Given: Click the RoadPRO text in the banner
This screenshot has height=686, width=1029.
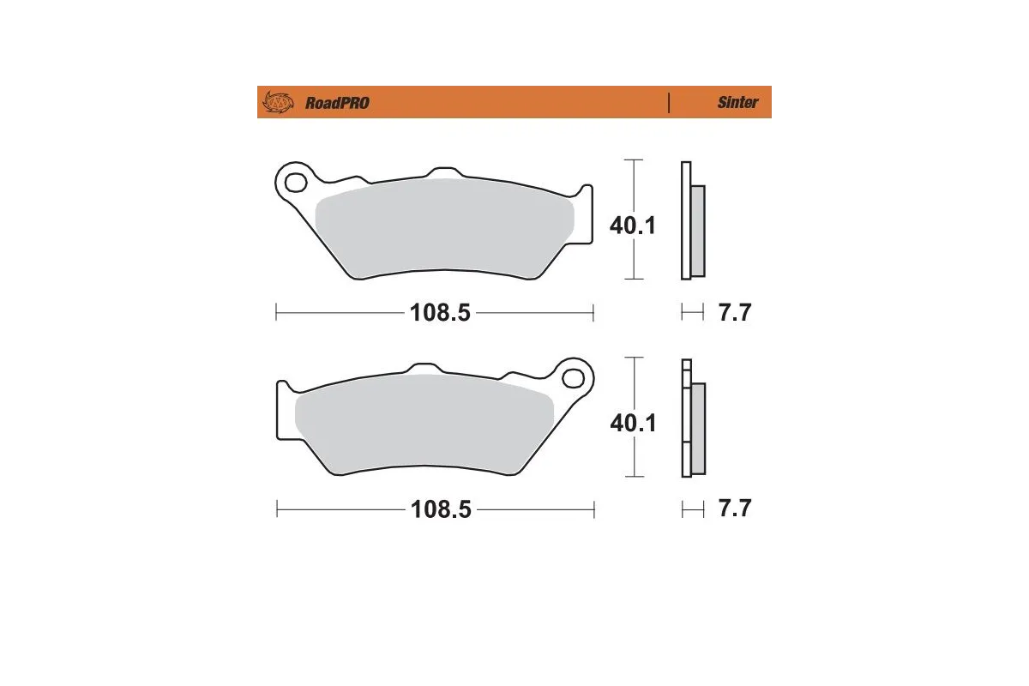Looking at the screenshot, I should click(x=337, y=103).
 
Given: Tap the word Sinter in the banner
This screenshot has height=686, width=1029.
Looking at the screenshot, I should click(x=737, y=102).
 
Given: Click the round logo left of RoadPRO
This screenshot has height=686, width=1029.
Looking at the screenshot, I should click(x=277, y=102).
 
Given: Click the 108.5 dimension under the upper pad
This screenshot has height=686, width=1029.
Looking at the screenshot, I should click(x=440, y=314).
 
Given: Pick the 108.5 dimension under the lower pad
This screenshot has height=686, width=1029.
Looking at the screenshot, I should click(x=440, y=509).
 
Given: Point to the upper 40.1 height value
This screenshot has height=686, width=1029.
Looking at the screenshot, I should click(x=632, y=226).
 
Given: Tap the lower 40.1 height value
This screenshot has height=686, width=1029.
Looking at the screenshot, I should click(x=632, y=422).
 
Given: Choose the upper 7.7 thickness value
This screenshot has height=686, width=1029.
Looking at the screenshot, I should click(x=734, y=313).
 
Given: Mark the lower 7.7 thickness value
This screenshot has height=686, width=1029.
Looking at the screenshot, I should click(x=734, y=508).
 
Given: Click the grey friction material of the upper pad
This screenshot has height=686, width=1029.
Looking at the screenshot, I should click(x=446, y=227).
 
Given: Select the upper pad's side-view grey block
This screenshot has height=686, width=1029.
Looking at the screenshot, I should click(x=697, y=231).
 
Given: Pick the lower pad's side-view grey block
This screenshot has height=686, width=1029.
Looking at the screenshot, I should click(x=697, y=428).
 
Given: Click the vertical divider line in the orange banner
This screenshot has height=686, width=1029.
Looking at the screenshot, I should click(x=668, y=102).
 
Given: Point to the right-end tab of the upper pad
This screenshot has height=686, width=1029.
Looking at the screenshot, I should click(x=586, y=214).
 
